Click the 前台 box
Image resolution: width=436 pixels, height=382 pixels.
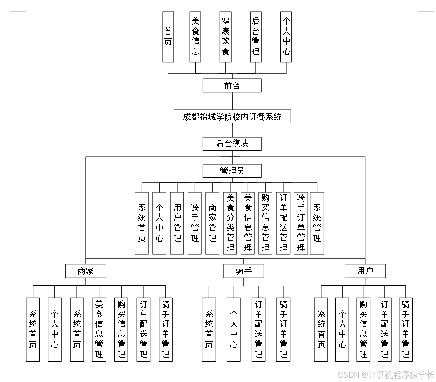click(232, 86)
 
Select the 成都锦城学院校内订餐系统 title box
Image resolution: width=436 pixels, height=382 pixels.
click(232, 117)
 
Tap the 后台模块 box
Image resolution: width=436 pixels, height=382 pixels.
click(232, 144)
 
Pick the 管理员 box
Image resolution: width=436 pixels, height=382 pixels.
click(232, 171)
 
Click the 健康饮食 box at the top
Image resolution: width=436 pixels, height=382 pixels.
click(225, 37)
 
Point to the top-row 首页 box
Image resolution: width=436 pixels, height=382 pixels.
click(168, 37)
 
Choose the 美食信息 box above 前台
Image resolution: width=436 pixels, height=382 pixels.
click(196, 37)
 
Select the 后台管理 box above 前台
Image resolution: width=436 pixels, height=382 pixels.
click(256, 37)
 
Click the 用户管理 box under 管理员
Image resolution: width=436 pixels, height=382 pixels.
click(177, 223)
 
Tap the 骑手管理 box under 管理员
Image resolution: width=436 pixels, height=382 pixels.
click(195, 223)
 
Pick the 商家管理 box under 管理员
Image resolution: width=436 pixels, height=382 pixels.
click(213, 223)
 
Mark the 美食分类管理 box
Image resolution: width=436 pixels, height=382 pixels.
click(230, 223)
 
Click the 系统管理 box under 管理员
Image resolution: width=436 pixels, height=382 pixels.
click(317, 223)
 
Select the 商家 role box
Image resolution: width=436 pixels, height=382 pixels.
click(86, 271)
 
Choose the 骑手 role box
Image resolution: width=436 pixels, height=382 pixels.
click(244, 271)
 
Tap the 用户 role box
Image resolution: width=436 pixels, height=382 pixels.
click(365, 271)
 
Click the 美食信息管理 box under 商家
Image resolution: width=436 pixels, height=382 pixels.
click(99, 330)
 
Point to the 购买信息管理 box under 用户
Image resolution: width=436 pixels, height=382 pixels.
click(363, 330)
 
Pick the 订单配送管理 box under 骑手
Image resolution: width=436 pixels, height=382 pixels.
click(259, 330)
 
